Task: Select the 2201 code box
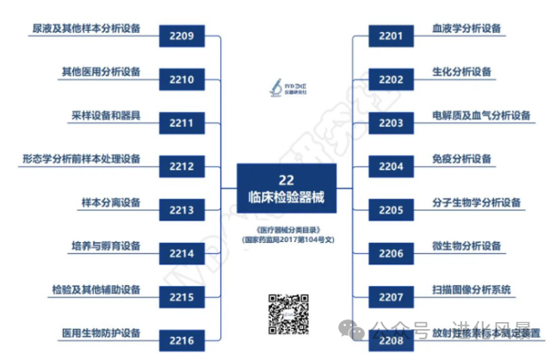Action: pyautogui.click(x=391, y=36)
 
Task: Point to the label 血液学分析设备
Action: pyautogui.click(x=466, y=28)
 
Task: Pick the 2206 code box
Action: pyautogui.click(x=391, y=253)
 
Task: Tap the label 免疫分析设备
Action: pyautogui.click(x=462, y=158)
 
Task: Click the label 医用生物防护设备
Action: pyautogui.click(x=101, y=332)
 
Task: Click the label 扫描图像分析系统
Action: pyautogui.click(x=472, y=289)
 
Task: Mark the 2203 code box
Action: pyautogui.click(x=391, y=123)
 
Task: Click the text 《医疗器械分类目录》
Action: pyautogui.click(x=287, y=230)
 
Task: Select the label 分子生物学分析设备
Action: pyautogui.click(x=477, y=202)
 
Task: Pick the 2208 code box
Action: pyautogui.click(x=391, y=340)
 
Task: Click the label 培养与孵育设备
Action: pyautogui.click(x=106, y=245)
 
